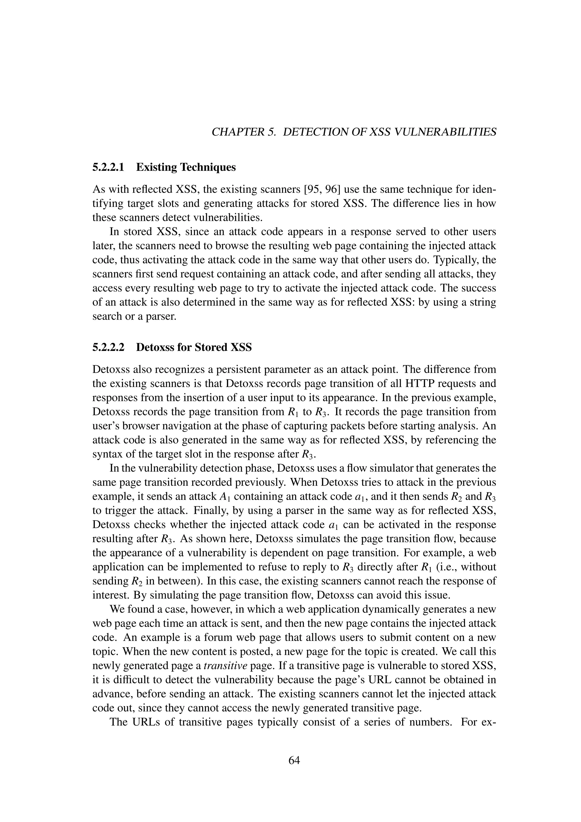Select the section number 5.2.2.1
(x=108, y=167)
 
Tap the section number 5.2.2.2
(x=108, y=347)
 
